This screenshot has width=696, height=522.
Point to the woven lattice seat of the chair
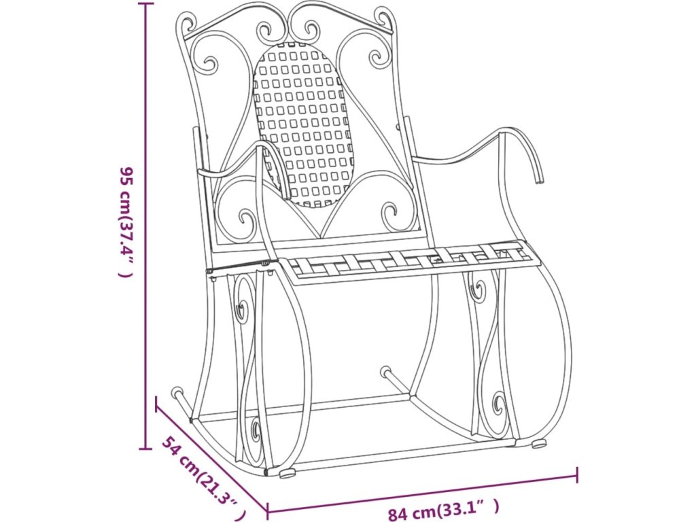408,260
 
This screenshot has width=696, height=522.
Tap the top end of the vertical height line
145,3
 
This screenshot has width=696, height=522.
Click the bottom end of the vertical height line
145,449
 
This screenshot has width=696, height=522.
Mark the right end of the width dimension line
577,474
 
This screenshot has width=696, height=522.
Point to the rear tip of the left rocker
177,392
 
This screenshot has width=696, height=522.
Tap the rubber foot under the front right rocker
538,445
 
